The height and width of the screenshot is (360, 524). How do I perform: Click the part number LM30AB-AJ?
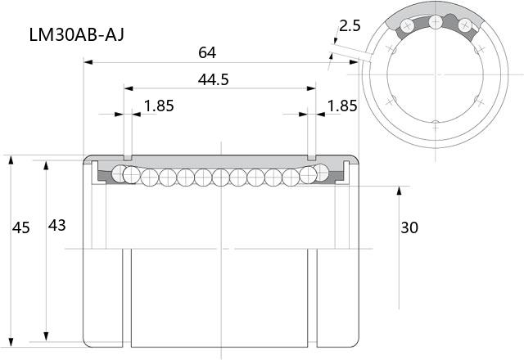tap(76, 34)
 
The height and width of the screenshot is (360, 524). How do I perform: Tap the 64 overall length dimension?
tap(207, 52)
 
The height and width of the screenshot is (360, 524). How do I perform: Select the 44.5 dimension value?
tap(213, 80)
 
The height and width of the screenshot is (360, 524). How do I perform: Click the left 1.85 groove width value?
tap(159, 106)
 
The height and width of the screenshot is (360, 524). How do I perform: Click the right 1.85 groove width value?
tap(342, 106)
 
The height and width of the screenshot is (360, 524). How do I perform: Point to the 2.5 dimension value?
tap(350, 25)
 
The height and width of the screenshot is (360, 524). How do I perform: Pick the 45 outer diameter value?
tap(21, 227)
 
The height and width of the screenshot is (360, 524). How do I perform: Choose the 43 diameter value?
tap(56, 226)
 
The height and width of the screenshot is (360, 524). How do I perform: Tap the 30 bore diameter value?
tap(409, 227)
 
